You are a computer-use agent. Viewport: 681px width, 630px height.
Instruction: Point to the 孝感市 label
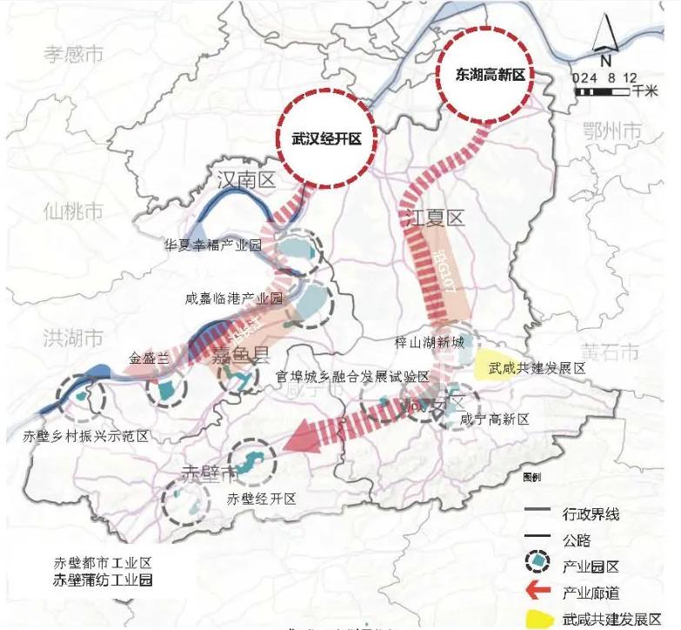(73, 55)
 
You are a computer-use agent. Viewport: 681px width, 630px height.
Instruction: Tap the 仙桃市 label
(73, 211)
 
